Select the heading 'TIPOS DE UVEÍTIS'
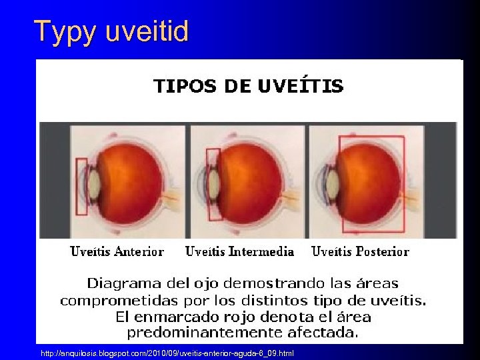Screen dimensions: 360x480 [x=249, y=86]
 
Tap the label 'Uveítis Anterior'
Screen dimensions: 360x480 [x=117, y=251]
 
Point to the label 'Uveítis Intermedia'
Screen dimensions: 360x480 [x=239, y=251]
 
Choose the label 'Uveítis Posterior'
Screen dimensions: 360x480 [x=360, y=251]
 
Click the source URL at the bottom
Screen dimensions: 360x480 [x=167, y=352]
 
